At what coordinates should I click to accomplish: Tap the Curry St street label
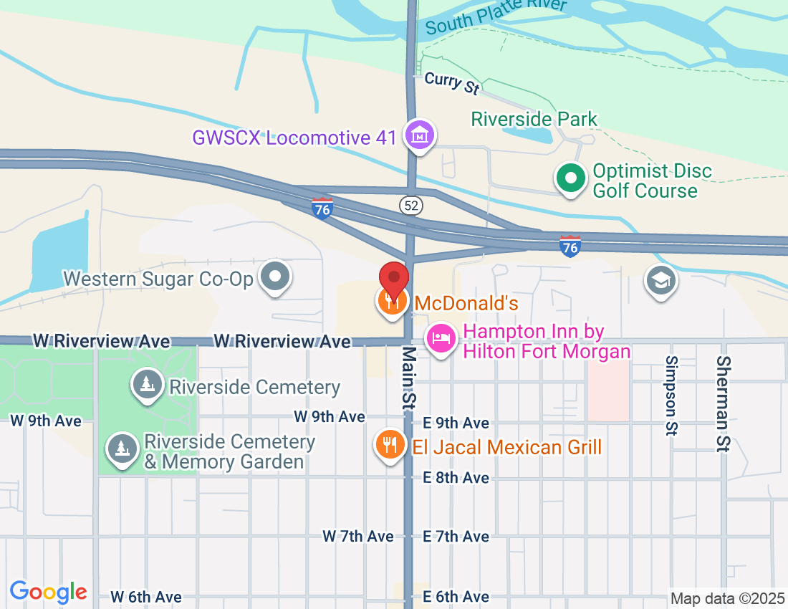pyautogui.click(x=451, y=82)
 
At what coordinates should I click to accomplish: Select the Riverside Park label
pyautogui.click(x=534, y=119)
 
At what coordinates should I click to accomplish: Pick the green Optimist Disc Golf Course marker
pyautogui.click(x=570, y=178)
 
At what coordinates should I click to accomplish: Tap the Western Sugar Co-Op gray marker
pyautogui.click(x=274, y=277)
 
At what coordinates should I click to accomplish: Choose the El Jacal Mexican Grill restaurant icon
pyautogui.click(x=390, y=445)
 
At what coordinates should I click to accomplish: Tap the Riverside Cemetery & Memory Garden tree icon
pyautogui.click(x=122, y=449)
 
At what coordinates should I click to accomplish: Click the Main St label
pyautogui.click(x=408, y=378)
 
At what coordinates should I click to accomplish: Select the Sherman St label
pyautogui.click(x=723, y=403)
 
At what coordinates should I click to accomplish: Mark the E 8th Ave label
pyautogui.click(x=456, y=478)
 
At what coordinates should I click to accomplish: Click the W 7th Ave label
pyautogui.click(x=358, y=536)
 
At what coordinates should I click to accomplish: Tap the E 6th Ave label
pyautogui.click(x=456, y=597)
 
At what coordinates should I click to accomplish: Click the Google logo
pyautogui.click(x=48, y=592)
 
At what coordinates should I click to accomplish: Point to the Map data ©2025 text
pyautogui.click(x=725, y=598)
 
